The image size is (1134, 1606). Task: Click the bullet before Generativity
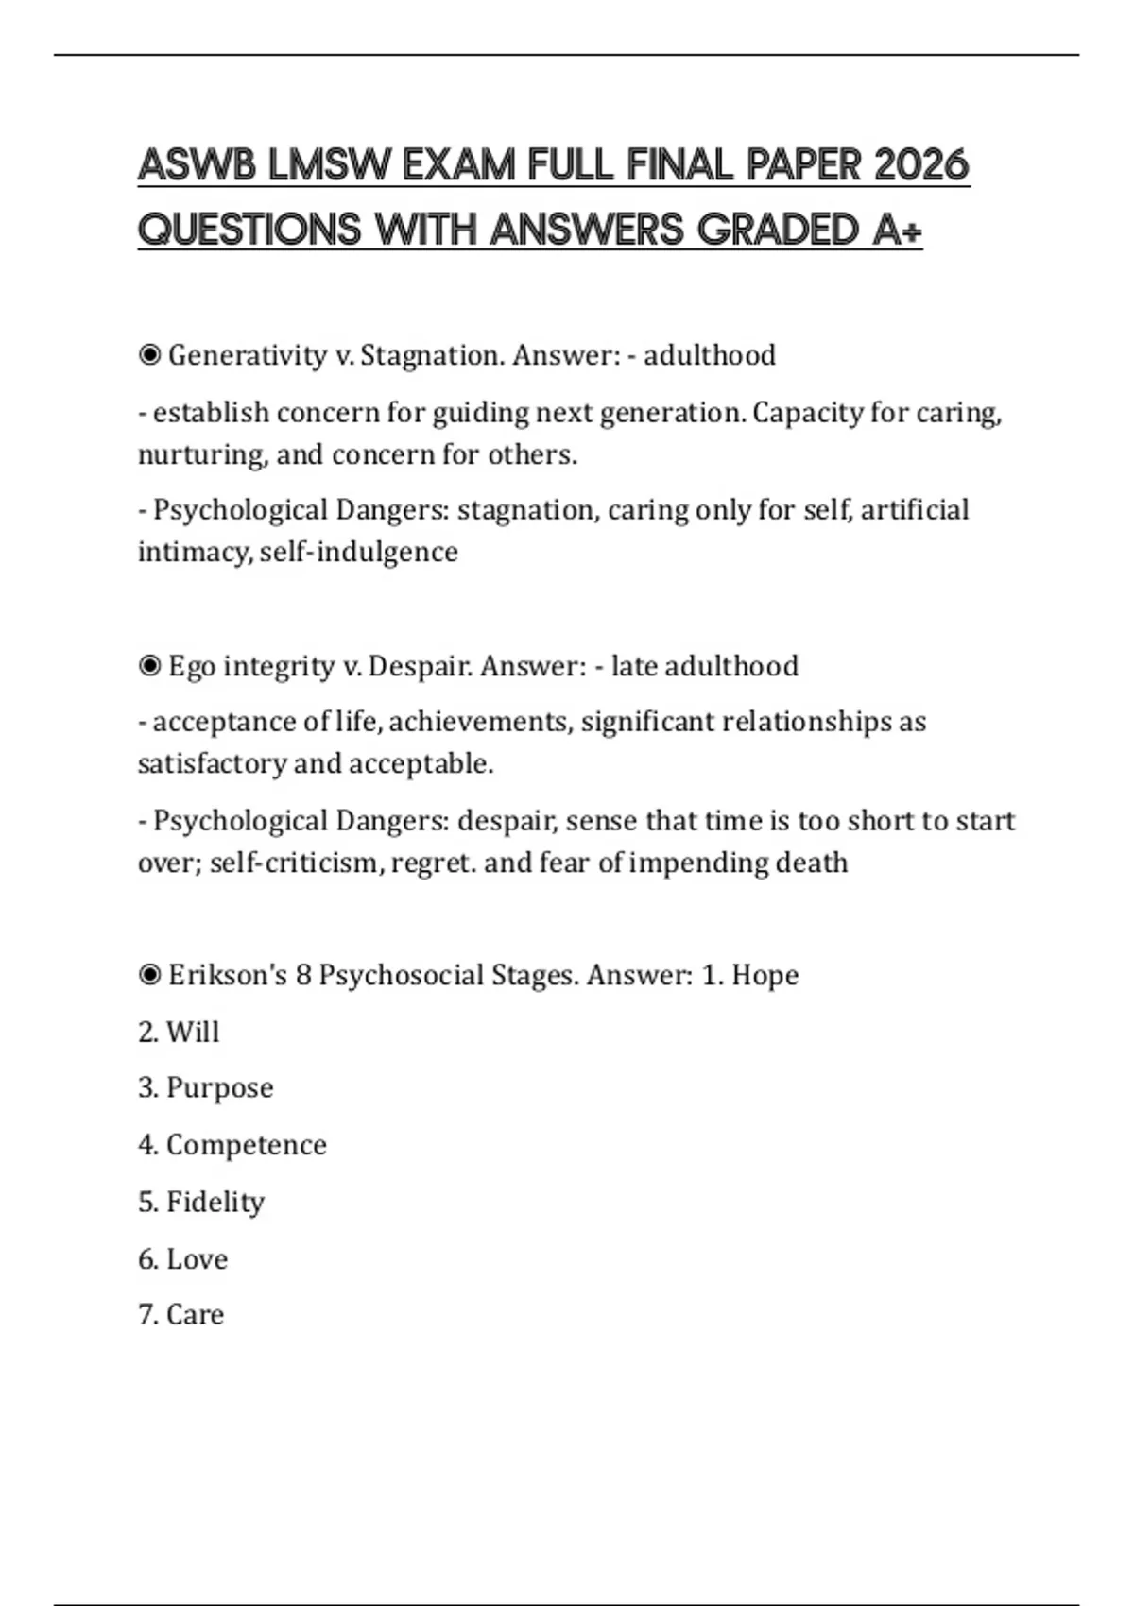click(x=149, y=355)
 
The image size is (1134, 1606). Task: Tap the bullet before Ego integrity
click(x=149, y=666)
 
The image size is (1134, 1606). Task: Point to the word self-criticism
click(x=294, y=863)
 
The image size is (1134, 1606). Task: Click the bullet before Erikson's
click(x=149, y=975)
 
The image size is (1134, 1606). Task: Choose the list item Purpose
click(x=218, y=1087)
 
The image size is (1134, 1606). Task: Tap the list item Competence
click(x=246, y=1145)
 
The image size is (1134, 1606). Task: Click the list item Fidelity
click(x=215, y=1202)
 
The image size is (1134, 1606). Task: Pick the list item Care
click(x=195, y=1314)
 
